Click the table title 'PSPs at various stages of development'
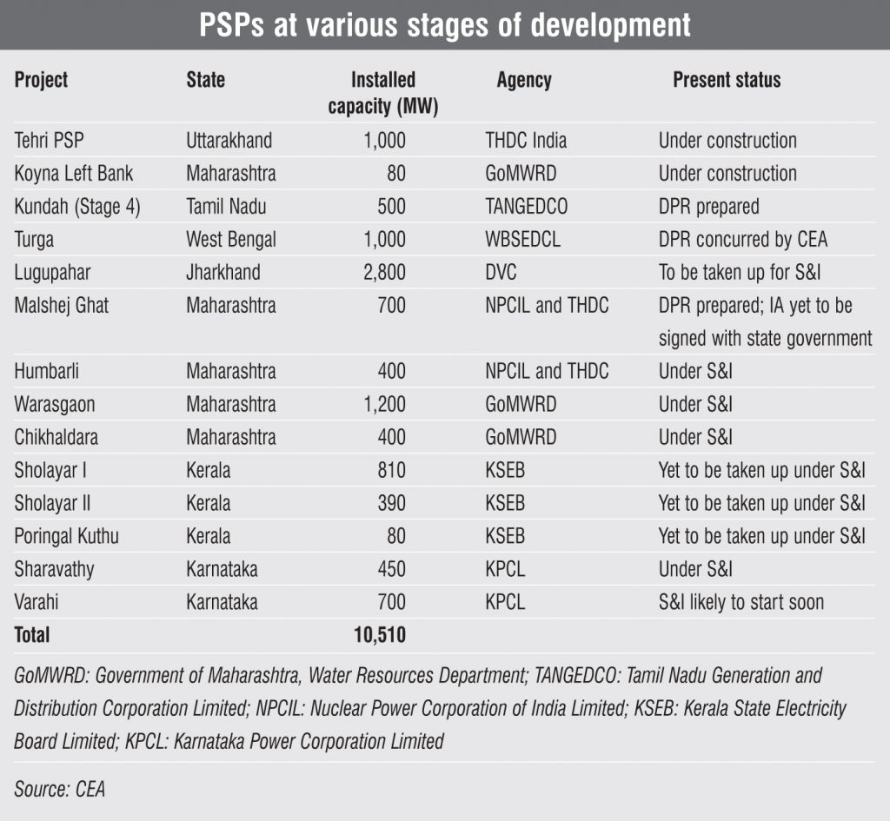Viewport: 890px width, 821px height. [x=445, y=25]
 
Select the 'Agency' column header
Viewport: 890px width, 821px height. [x=524, y=81]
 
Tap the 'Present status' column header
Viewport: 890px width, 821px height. [x=727, y=81]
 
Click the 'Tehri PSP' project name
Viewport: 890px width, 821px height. [x=50, y=141]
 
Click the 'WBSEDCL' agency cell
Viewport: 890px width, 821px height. [x=522, y=240]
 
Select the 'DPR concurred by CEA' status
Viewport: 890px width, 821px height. [x=743, y=240]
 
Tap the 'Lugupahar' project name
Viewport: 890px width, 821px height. [x=54, y=273]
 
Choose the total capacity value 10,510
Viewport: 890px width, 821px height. [x=380, y=635]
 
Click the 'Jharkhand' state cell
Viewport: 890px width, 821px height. [x=223, y=273]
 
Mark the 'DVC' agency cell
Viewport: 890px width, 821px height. [x=501, y=273]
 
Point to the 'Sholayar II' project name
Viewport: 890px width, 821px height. [x=52, y=503]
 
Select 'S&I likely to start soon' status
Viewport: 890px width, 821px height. [x=741, y=602]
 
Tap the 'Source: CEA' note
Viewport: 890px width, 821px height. [x=59, y=789]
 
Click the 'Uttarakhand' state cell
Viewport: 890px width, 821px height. [x=229, y=141]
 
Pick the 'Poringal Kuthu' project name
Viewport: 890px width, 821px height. [x=66, y=536]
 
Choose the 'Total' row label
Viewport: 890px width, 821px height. [x=32, y=635]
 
